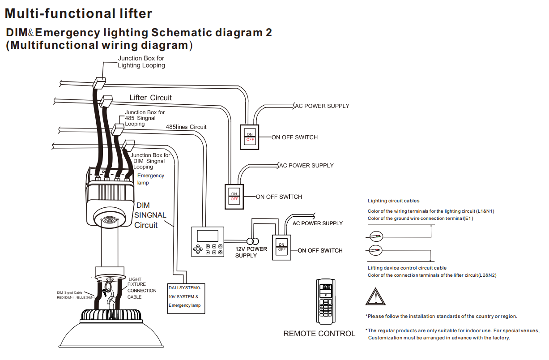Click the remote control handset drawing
tap(326, 301)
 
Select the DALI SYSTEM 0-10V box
tap(186, 299)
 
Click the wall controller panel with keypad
tap(208, 241)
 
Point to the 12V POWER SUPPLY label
tap(251, 252)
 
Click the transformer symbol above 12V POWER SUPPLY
tap(253, 241)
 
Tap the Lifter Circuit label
tap(150, 98)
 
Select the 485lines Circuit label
tap(186, 127)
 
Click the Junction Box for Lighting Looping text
tap(141, 61)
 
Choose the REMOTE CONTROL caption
tap(319, 334)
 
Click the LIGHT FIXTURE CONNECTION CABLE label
tap(142, 288)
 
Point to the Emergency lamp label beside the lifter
tap(150, 179)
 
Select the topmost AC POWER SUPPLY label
tap(322, 106)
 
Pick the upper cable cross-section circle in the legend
tap(376, 236)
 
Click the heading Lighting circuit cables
tap(393, 201)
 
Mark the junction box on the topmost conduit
tap(99, 83)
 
